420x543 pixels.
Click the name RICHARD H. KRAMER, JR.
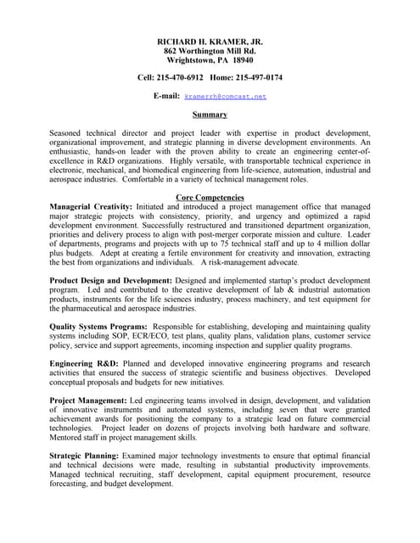[x=210, y=42]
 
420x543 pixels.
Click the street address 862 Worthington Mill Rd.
[x=210, y=51]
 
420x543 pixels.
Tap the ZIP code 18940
[x=243, y=61]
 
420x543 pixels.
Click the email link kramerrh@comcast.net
[x=225, y=97]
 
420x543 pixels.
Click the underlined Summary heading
[x=210, y=115]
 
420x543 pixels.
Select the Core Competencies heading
[x=210, y=198]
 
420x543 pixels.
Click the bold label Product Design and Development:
[x=111, y=280]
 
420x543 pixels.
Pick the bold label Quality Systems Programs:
[x=98, y=327]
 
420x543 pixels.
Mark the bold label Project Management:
[x=88, y=400]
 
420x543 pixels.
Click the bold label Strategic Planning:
[x=86, y=456]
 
